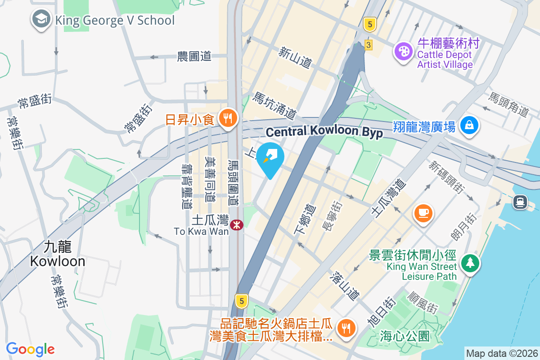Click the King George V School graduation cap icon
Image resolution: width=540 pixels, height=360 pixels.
tap(41, 20)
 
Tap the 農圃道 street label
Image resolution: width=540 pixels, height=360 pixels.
tap(194, 56)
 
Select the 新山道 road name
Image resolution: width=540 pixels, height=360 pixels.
tap(295, 58)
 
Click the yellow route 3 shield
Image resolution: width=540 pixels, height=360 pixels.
tap(369, 45)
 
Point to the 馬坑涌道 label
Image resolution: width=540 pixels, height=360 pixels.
tap(275, 104)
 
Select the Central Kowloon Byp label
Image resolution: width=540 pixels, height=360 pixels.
tap(324, 132)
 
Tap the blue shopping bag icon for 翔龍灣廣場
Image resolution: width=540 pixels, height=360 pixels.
tap(469, 125)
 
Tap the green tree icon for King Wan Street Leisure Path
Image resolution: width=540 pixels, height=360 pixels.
tap(470, 262)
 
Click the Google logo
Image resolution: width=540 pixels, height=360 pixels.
tap(30, 349)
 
